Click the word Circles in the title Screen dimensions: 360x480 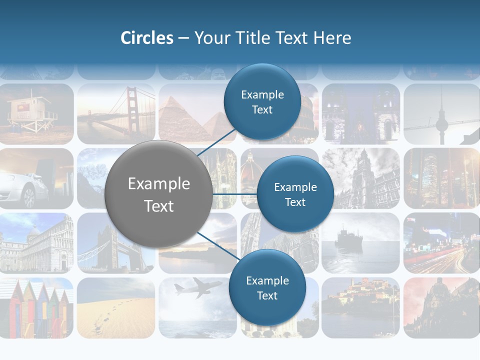pos(147,38)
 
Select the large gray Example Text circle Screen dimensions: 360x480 pos(158,194)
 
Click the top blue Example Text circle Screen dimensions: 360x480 pos(262,102)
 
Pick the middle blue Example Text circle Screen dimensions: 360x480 pos(295,194)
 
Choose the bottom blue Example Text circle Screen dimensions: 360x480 pos(267,288)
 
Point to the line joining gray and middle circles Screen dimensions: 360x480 pos(234,194)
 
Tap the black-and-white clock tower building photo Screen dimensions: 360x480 pos(360,178)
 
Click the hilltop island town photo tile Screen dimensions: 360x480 pos(360,306)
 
